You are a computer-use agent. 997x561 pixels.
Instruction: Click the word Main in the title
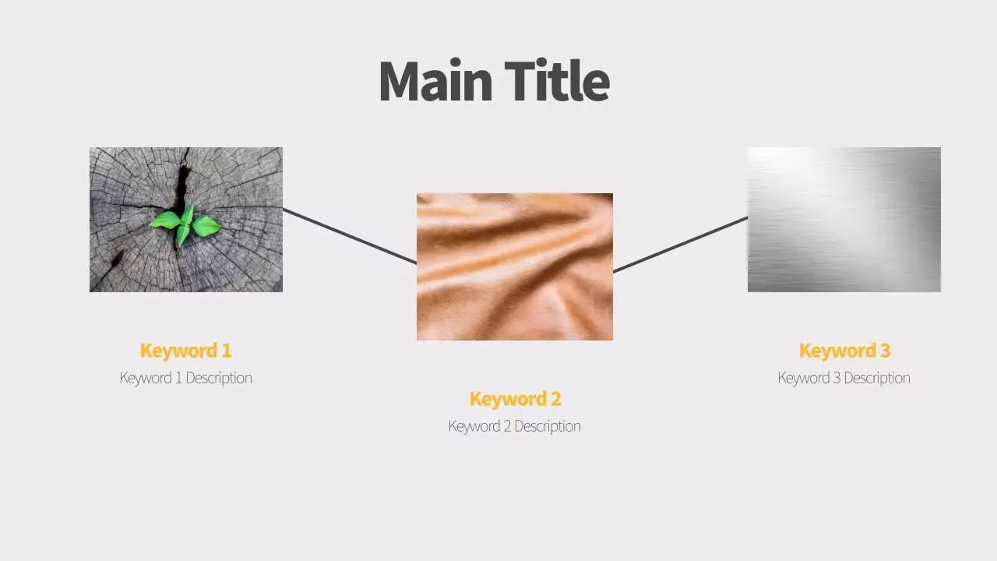[x=435, y=82]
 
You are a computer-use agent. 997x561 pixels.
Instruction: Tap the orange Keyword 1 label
[x=185, y=351]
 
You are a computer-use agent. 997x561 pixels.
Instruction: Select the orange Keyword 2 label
[x=515, y=399]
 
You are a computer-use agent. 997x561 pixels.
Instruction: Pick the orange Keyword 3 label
[x=844, y=351]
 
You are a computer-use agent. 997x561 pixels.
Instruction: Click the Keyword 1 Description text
[x=185, y=378]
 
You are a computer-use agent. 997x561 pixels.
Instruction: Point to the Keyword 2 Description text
[x=514, y=426]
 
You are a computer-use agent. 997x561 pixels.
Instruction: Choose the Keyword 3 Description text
[x=844, y=378]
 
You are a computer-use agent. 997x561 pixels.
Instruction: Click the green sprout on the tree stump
[x=186, y=224]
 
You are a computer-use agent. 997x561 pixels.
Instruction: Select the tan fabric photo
[x=515, y=266]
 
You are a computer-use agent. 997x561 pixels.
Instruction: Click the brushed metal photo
[x=844, y=220]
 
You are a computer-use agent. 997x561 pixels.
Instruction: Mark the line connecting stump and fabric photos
[x=350, y=236]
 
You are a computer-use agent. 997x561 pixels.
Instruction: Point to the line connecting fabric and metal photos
[x=680, y=245]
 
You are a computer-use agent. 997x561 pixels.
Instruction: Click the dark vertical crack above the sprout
[x=182, y=183]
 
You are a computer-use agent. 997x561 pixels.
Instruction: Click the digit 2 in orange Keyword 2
[x=555, y=399]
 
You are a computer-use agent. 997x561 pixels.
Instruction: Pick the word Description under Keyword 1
[x=218, y=378]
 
